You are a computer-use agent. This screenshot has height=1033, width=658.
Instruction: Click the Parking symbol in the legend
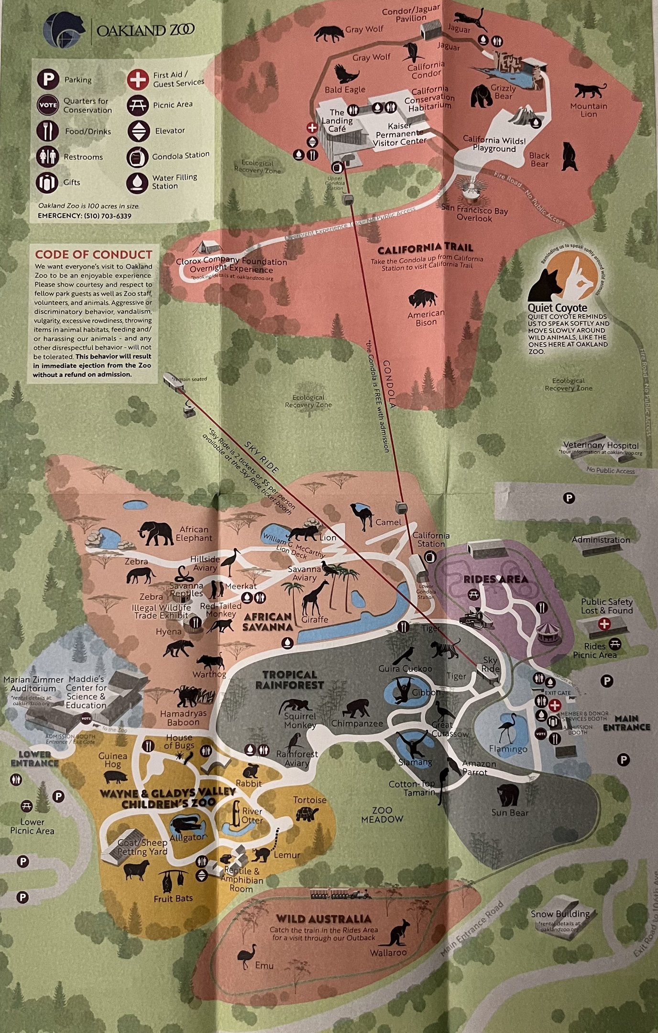pyautogui.click(x=48, y=79)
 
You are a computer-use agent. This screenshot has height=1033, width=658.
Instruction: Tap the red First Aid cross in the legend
pyautogui.click(x=138, y=79)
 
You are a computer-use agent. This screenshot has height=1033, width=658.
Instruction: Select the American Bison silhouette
pyautogui.click(x=423, y=298)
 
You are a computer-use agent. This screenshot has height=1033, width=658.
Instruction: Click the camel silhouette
pyautogui.click(x=362, y=516)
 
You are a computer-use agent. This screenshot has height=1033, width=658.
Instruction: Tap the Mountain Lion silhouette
pyautogui.click(x=590, y=91)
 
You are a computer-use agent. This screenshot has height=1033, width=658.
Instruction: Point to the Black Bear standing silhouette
pyautogui.click(x=569, y=156)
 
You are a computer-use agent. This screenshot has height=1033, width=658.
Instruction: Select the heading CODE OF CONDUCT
pyautogui.click(x=93, y=254)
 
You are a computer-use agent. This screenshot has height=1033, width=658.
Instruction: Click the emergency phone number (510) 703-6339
pyautogui.click(x=108, y=216)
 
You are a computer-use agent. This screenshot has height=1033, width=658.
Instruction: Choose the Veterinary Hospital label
pyautogui.click(x=601, y=445)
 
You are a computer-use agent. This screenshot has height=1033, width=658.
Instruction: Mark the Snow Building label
pyautogui.click(x=560, y=914)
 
